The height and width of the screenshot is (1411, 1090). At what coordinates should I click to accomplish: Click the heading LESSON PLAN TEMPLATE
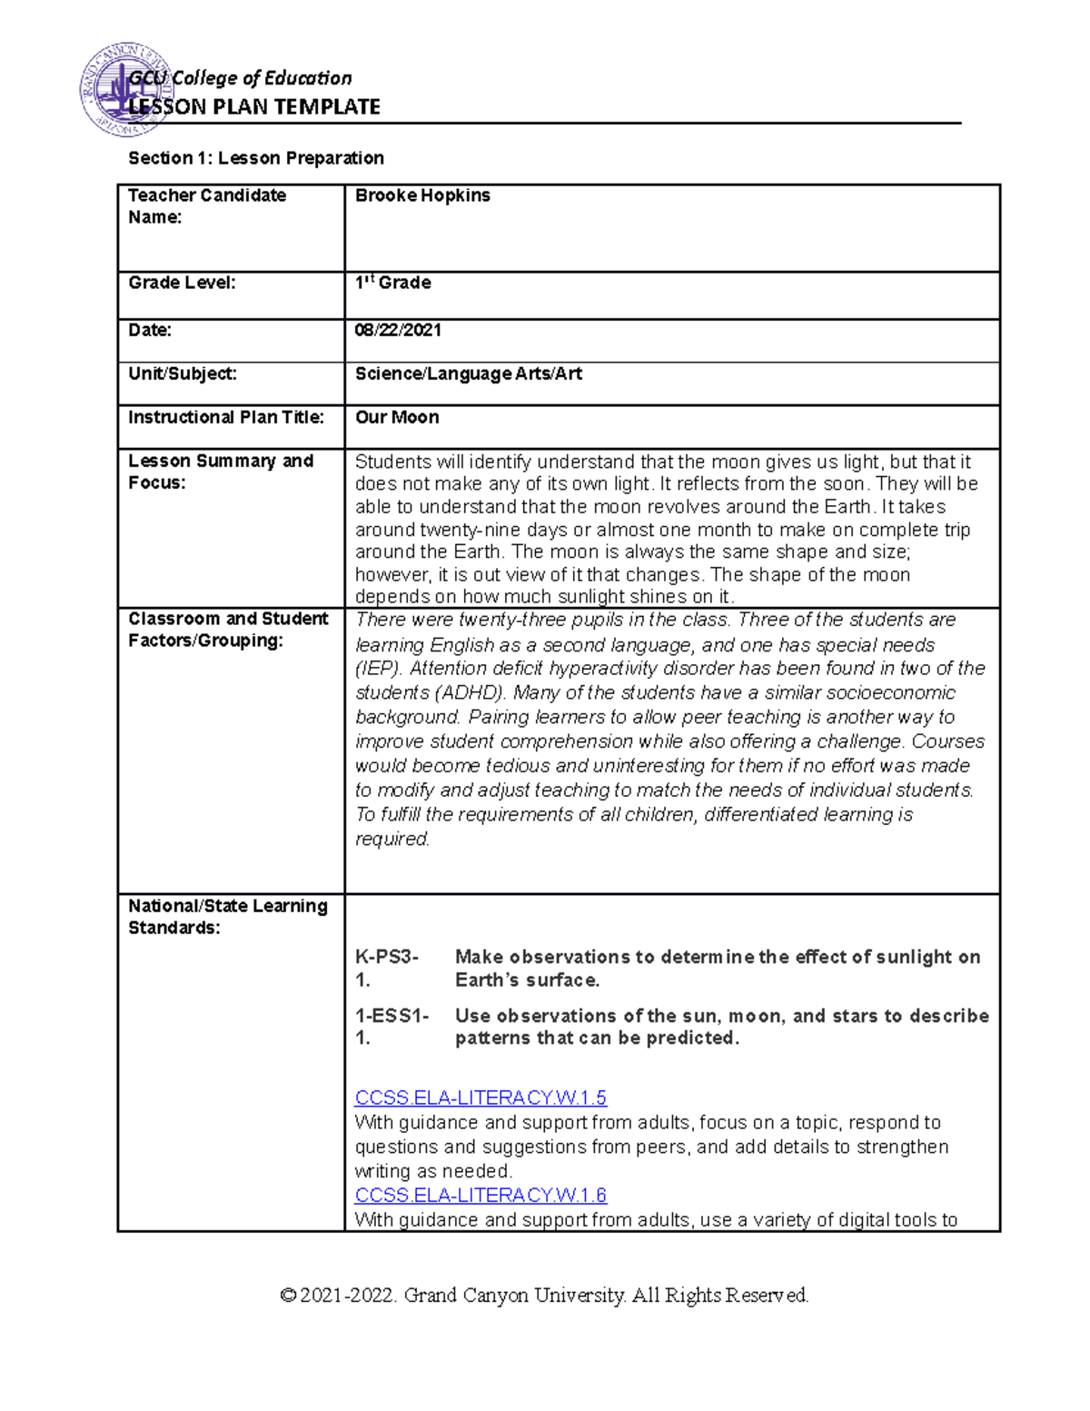tap(254, 107)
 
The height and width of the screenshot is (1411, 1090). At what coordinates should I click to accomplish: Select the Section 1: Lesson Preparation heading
tap(256, 158)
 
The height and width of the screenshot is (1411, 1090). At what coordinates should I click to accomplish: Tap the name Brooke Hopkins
tap(422, 195)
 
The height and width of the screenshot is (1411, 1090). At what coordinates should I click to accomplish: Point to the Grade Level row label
tap(182, 283)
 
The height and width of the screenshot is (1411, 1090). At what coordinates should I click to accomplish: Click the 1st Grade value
tap(392, 283)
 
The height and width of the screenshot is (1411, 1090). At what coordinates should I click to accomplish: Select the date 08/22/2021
tap(398, 330)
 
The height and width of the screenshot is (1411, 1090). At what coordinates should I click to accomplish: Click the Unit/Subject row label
tap(183, 373)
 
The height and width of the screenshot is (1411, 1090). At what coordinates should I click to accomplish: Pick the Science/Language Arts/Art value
tap(468, 373)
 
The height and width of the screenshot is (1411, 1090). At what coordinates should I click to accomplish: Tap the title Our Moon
tap(397, 417)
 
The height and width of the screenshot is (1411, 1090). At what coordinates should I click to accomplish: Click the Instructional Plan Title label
tap(226, 417)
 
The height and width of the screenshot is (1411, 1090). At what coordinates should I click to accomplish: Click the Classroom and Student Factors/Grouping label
tap(228, 630)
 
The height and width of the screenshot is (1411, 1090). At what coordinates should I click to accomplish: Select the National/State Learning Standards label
tap(228, 917)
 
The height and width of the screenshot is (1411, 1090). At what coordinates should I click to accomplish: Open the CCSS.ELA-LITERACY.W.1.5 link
tap(481, 1098)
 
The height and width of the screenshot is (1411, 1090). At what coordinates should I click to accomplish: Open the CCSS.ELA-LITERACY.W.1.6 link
tap(481, 1195)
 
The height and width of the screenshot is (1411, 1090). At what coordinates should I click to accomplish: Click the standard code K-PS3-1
tap(387, 969)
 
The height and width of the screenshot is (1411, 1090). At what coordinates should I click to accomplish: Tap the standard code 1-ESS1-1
tap(391, 1027)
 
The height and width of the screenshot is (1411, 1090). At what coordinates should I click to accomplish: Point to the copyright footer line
tap(544, 1295)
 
